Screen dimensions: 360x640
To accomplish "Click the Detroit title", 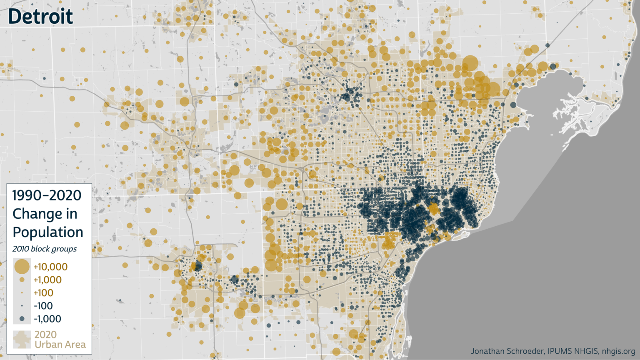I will (x=40, y=17).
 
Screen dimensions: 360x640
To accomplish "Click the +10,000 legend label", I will (x=50, y=267).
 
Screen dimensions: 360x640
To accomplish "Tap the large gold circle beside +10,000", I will (x=22, y=267).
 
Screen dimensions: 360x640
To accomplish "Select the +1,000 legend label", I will (x=47, y=280).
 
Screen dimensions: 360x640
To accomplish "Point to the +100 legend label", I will (x=43, y=293).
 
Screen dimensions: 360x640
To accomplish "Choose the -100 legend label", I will (x=43, y=306).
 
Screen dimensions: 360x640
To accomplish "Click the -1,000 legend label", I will (x=47, y=319).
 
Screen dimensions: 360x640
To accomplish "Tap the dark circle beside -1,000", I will (x=22, y=319).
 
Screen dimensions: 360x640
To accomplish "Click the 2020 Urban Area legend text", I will (x=60, y=340).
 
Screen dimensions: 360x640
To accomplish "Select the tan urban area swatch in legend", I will (x=22, y=340).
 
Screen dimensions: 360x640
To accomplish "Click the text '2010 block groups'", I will (x=44, y=249).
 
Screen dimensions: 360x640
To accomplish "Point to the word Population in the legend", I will (x=47, y=232).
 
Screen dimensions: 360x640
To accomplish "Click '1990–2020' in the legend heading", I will (x=47, y=195).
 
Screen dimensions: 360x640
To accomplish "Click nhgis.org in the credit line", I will (x=618, y=351).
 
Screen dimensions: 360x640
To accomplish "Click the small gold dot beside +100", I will (x=22, y=293).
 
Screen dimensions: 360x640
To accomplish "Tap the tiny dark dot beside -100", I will (x=22, y=306).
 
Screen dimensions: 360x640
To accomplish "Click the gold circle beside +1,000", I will (x=22, y=280).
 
